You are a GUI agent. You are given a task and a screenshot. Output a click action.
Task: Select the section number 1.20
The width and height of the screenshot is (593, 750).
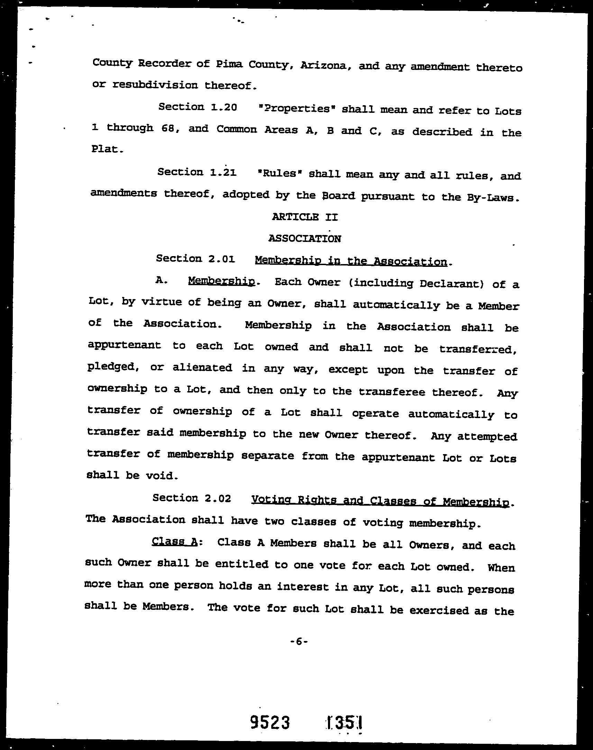tap(223, 107)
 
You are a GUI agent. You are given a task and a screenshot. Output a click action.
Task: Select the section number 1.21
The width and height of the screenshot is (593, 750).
tap(223, 172)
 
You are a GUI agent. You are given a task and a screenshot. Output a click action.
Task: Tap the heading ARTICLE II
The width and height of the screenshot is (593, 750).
tap(304, 217)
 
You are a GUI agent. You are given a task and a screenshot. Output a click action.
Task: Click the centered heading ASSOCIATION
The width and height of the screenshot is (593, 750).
tap(304, 238)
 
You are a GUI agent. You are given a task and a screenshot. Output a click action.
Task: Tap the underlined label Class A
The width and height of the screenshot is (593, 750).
tap(175, 542)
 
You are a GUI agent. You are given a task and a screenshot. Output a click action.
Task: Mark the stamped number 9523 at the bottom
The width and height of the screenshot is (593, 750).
tap(270, 723)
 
